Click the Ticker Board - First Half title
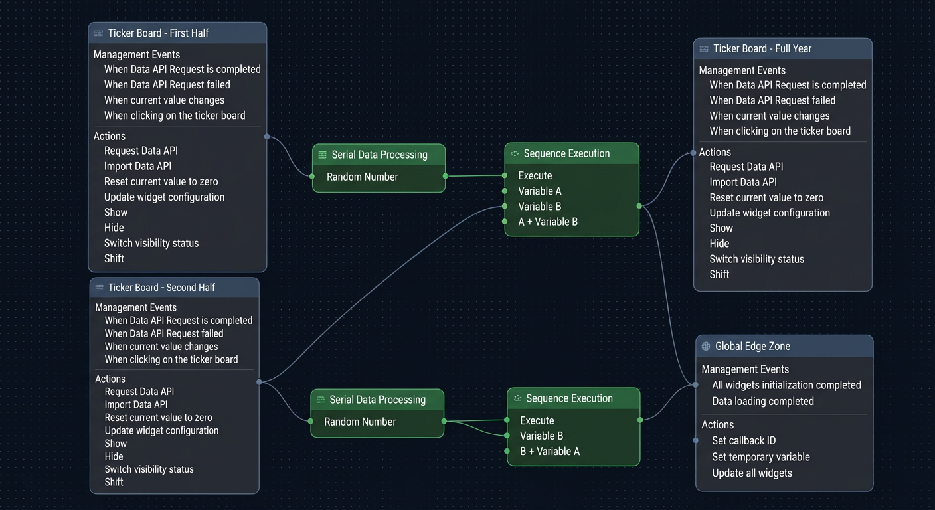click(158, 33)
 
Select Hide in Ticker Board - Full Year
click(719, 244)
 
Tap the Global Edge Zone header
click(752, 346)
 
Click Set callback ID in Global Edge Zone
click(744, 440)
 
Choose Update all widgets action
click(752, 473)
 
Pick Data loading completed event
click(762, 402)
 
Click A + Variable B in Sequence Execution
click(548, 222)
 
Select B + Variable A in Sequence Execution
click(550, 451)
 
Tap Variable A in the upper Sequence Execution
click(540, 191)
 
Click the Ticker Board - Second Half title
click(161, 288)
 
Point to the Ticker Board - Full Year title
click(762, 49)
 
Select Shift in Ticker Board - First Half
click(114, 259)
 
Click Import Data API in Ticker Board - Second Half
click(136, 405)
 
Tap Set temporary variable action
click(761, 457)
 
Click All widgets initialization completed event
click(786, 385)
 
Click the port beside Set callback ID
click(695, 440)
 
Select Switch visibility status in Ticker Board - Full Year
click(757, 259)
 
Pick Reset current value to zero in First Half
click(161, 181)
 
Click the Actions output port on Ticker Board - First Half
click(267, 137)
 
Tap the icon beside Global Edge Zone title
click(706, 346)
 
